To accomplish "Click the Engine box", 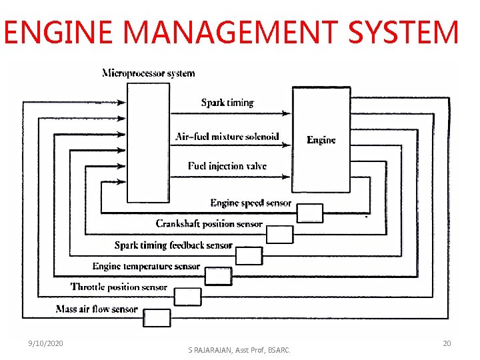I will click(321, 140).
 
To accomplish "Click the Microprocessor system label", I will click(148, 73).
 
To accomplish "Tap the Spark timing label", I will click(227, 103).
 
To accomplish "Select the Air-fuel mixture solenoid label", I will click(227, 137).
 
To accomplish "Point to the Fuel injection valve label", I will click(227, 166).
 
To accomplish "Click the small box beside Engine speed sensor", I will click(309, 213).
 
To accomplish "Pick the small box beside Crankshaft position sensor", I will click(279, 235).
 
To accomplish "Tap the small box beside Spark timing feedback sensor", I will click(249, 255).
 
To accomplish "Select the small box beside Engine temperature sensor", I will click(217, 275).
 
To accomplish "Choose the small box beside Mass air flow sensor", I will click(157, 317).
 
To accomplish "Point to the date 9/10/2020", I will click(45, 343).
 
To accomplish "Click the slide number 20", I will click(447, 343).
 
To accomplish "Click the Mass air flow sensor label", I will click(97, 309).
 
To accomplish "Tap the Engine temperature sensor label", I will click(146, 267).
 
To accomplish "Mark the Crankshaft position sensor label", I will click(209, 224).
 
